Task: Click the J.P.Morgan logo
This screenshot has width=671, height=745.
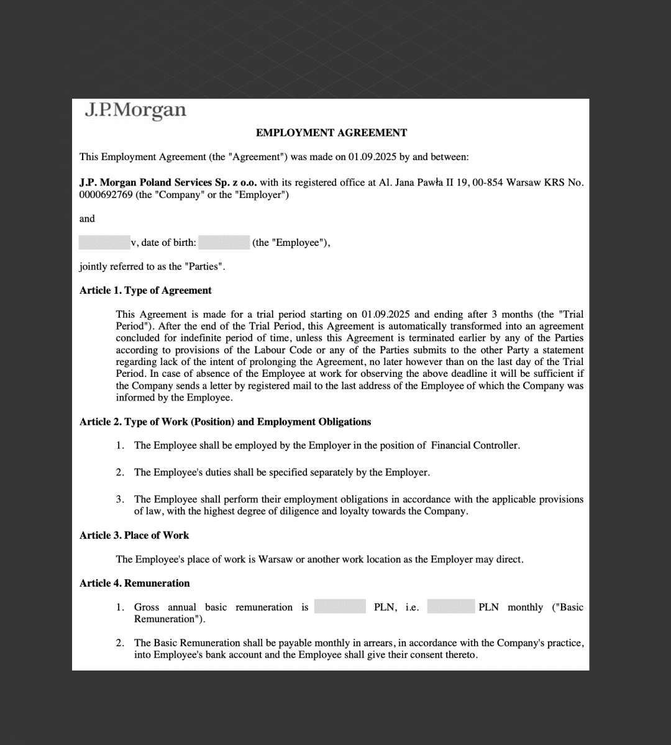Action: point(135,111)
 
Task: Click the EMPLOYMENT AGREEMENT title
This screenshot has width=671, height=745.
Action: point(331,133)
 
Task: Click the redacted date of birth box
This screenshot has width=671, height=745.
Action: point(224,243)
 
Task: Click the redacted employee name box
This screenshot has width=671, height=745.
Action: point(104,243)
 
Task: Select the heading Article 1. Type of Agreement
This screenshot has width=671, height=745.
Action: point(145,291)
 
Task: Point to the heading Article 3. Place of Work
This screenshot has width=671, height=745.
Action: point(134,535)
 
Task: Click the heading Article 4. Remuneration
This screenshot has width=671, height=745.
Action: point(135,583)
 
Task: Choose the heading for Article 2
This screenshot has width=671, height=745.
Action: point(225,422)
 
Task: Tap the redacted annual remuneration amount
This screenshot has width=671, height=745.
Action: point(340,607)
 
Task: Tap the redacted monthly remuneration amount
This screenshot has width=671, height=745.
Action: point(451,607)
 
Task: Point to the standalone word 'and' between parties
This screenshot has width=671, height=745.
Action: point(87,219)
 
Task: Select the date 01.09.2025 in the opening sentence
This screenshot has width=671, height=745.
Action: point(372,157)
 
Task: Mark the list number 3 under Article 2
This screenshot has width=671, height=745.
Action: point(120,499)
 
